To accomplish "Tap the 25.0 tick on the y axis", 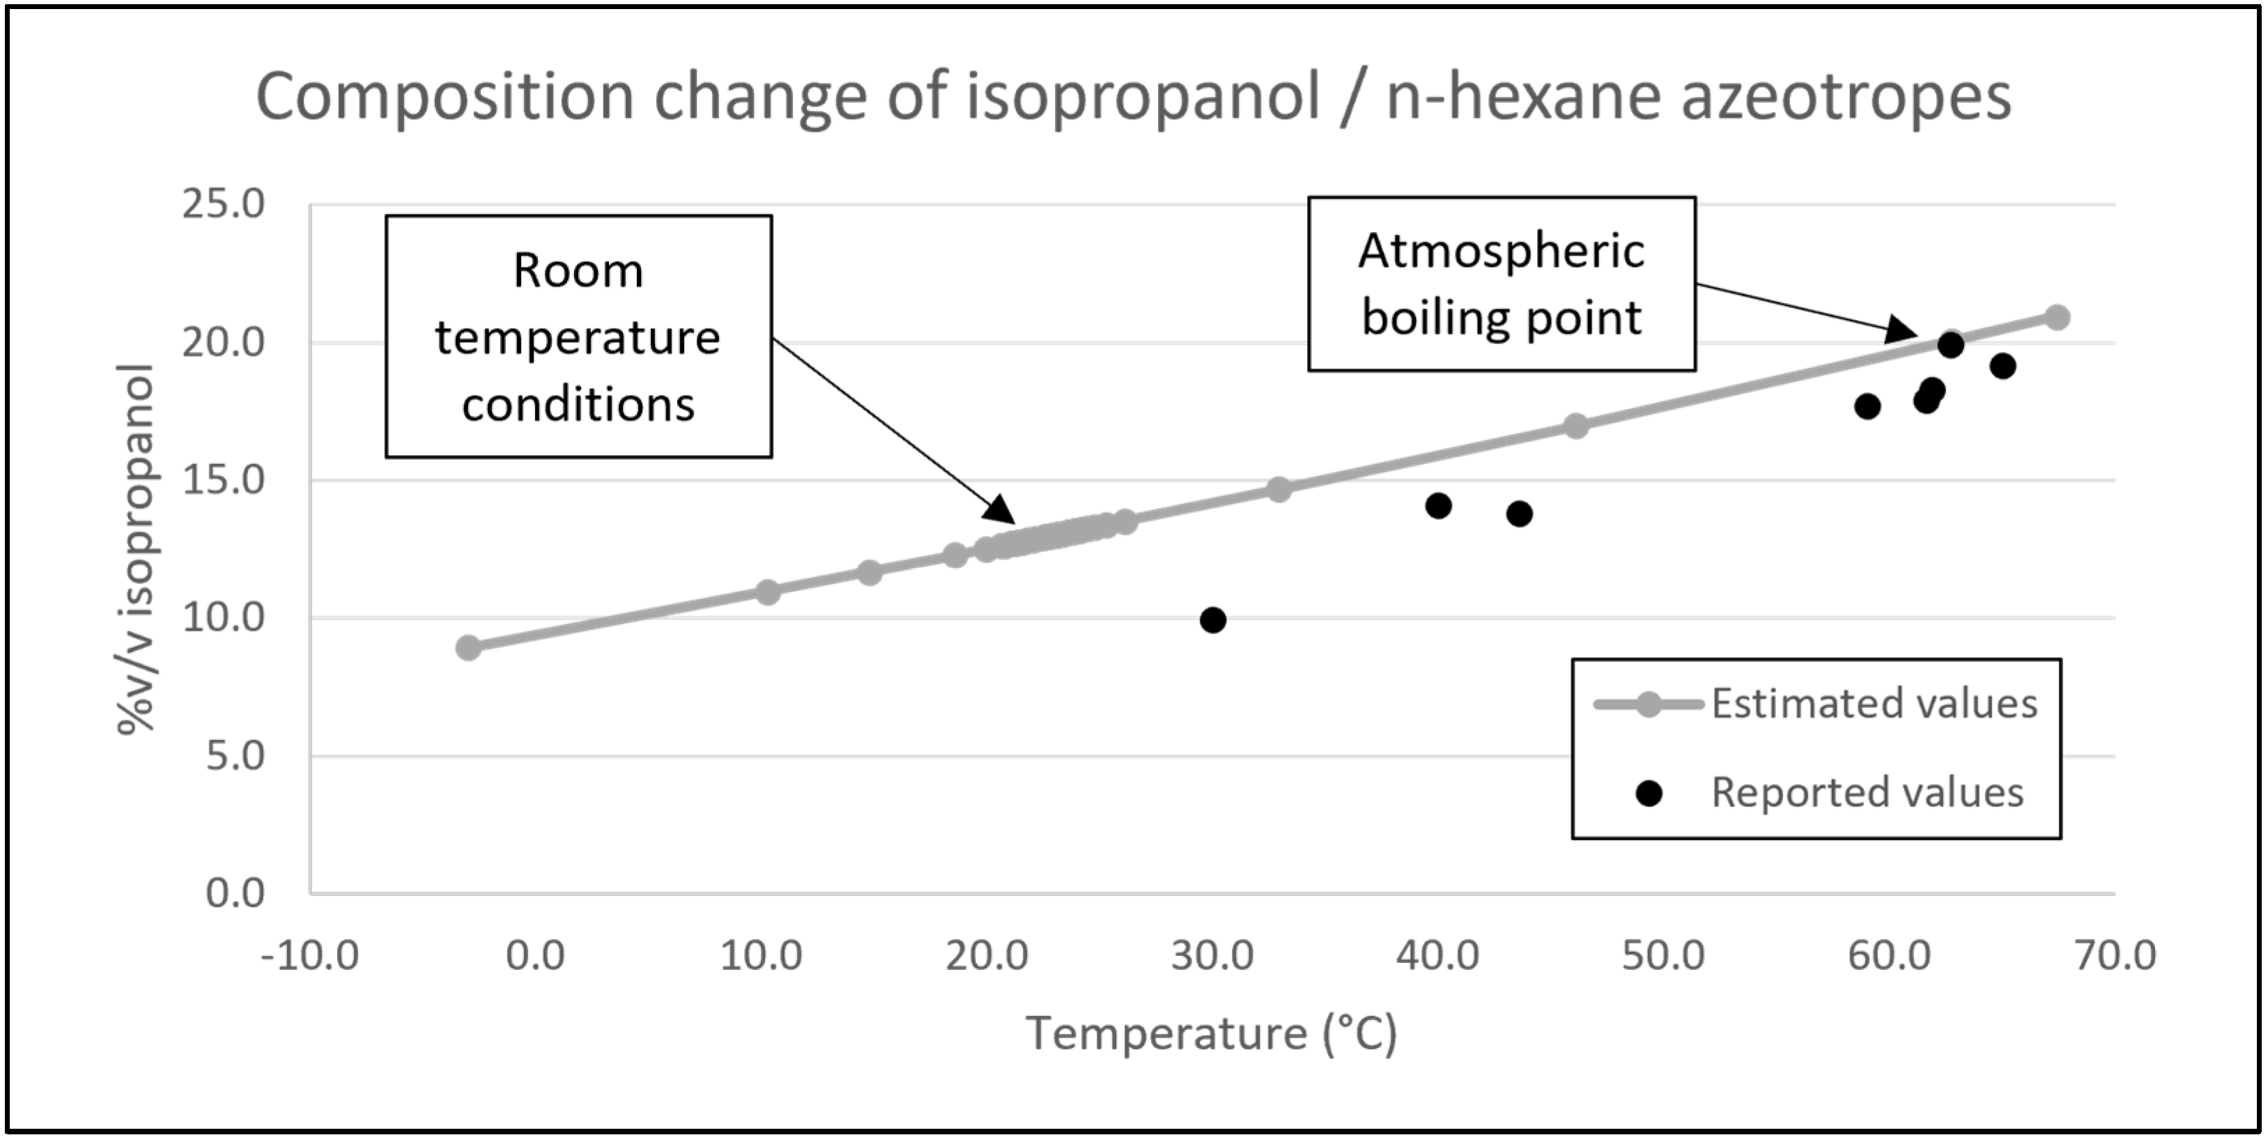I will click(223, 204).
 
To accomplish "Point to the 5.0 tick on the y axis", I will click(235, 755).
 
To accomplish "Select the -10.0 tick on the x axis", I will click(310, 955).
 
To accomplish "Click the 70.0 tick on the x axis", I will click(2115, 955).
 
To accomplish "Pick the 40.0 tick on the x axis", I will click(1437, 955).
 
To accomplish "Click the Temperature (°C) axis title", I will click(1212, 1034).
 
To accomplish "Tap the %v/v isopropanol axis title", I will click(137, 548).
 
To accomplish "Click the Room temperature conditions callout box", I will click(578, 337).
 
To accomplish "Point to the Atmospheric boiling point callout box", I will click(1501, 284).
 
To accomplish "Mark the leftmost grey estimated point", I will click(468, 648).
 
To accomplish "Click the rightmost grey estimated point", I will click(2057, 317).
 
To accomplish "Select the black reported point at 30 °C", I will click(1212, 621).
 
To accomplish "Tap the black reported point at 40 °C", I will click(1437, 507).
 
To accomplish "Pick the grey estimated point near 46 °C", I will click(1575, 426).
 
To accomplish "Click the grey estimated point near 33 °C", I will click(1279, 490).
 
